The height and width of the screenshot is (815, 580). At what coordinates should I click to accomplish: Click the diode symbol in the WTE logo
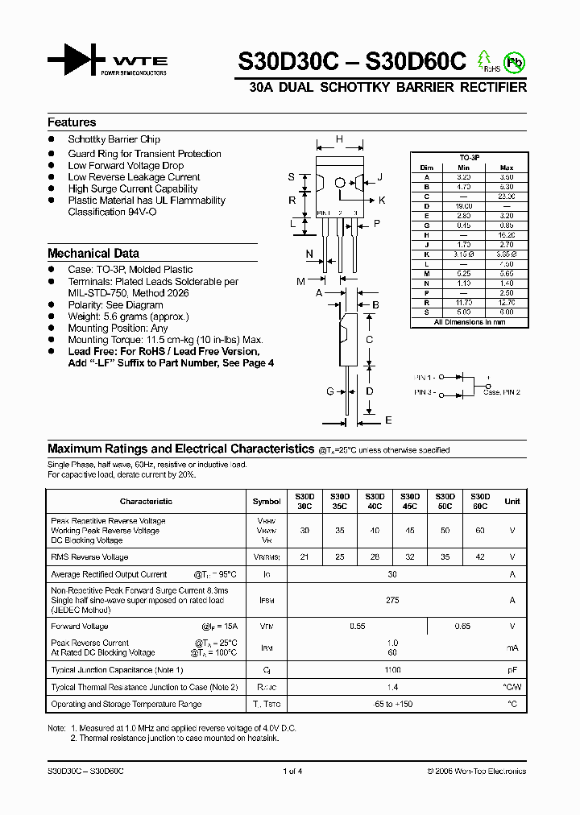coord(76,60)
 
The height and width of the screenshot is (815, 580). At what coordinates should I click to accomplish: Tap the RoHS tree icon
coord(485,60)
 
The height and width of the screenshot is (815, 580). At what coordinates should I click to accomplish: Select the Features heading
coord(72,122)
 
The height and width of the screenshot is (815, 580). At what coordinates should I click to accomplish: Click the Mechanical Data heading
coord(93,253)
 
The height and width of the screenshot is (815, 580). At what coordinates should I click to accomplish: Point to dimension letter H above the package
coord(339,139)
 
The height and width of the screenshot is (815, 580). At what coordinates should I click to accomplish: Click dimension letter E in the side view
coord(388,420)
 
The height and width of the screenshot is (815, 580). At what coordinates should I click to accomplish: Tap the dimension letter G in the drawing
coord(329,391)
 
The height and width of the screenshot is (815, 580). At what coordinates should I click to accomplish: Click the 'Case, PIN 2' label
coord(502,392)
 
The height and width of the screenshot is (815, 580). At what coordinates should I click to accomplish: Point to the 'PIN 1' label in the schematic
coord(425,377)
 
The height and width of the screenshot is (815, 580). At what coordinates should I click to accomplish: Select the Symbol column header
coord(267,501)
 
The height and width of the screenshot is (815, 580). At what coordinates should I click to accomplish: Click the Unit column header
coord(512,501)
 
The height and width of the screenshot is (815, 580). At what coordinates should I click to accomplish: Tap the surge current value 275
coord(392,600)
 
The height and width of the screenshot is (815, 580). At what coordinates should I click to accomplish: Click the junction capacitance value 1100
coord(392,670)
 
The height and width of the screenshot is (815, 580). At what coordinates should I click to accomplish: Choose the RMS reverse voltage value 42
coord(480,557)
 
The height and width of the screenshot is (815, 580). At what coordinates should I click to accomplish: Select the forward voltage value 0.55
coord(357,627)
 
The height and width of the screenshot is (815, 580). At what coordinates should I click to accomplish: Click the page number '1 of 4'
coord(292,772)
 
